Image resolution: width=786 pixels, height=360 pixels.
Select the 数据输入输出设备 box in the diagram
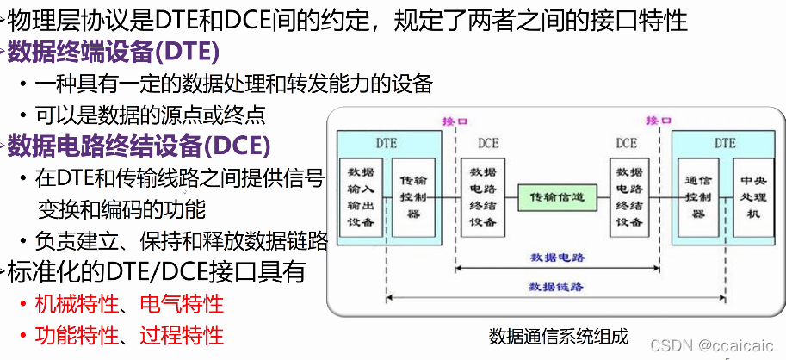point(361,197)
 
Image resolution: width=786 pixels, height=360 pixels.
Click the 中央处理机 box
point(747,197)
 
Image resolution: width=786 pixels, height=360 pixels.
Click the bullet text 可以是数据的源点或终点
point(151,114)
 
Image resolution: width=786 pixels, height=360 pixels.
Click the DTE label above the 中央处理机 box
point(725,142)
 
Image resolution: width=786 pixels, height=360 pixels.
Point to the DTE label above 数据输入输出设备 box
point(387,142)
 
